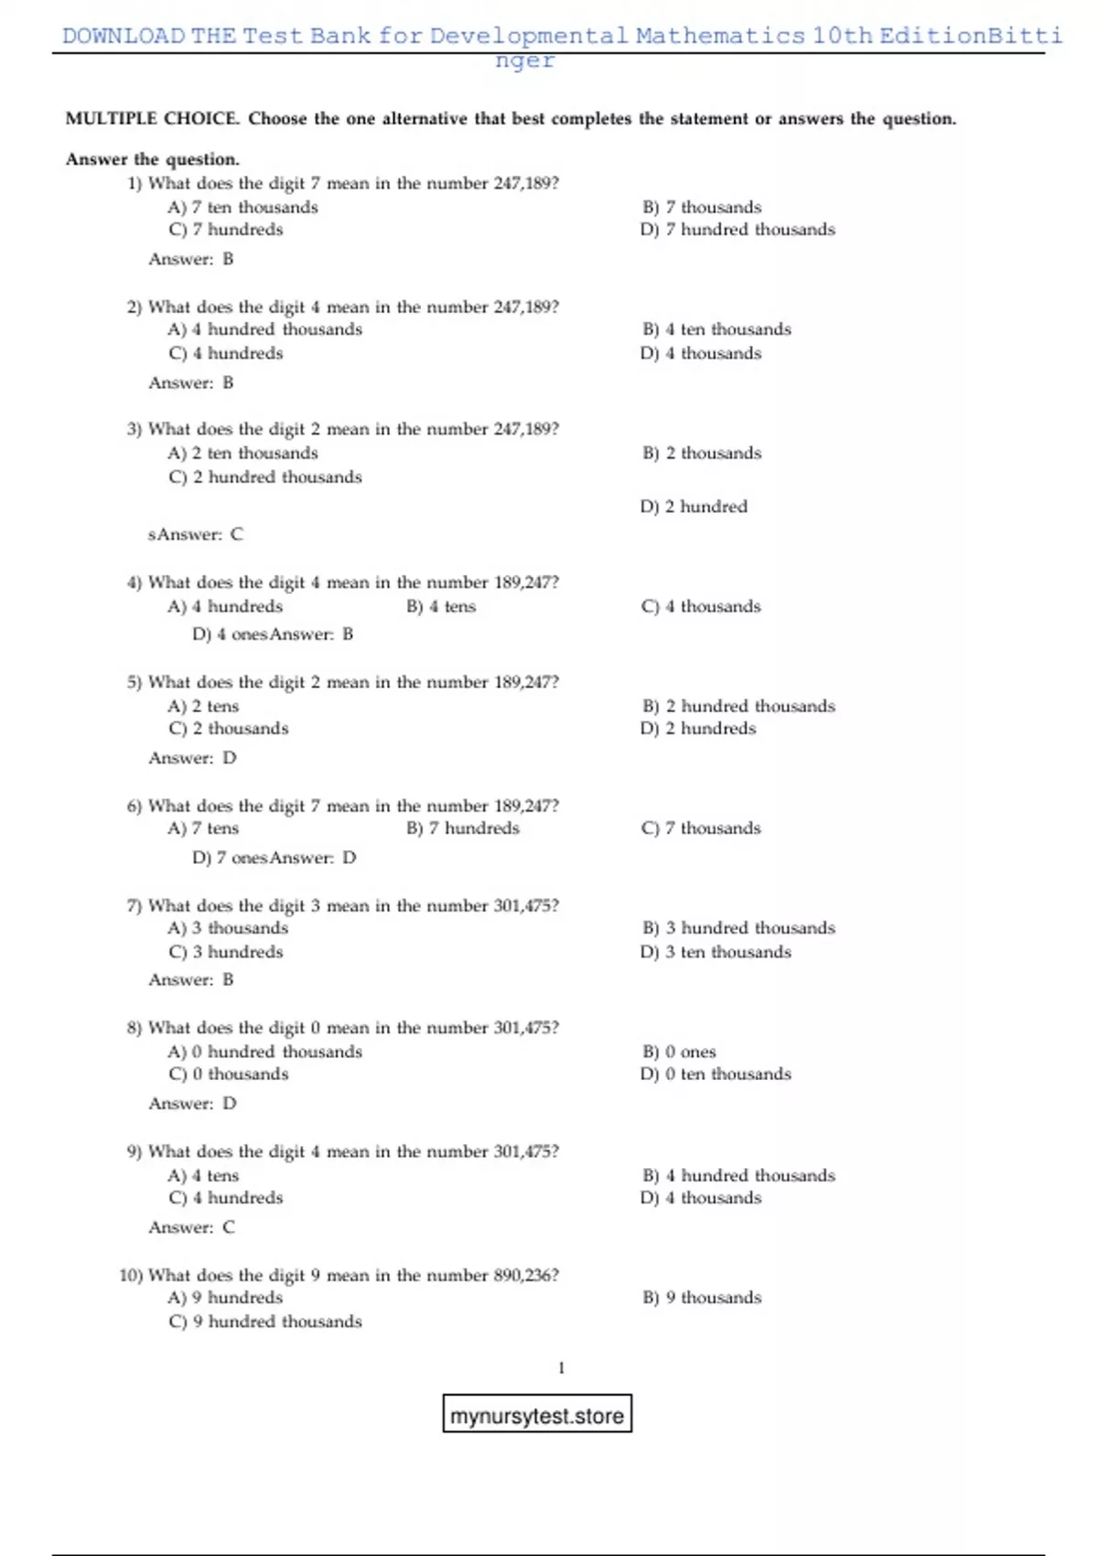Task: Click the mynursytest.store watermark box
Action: click(537, 1415)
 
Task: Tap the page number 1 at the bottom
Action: click(561, 1367)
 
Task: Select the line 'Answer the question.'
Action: click(152, 159)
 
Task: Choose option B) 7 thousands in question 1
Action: click(702, 208)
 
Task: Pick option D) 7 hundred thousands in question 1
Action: click(737, 230)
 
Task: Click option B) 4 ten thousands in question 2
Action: click(716, 330)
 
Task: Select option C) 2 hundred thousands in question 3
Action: click(265, 477)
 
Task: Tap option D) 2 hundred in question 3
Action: click(694, 507)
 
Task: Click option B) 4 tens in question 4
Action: click(441, 607)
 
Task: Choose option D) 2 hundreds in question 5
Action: click(698, 729)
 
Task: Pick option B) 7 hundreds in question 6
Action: click(463, 828)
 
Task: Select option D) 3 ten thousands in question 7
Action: click(716, 952)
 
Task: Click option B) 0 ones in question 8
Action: click(679, 1052)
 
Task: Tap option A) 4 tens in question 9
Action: click(203, 1175)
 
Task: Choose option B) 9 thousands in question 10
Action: click(702, 1298)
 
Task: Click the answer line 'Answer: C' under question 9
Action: click(192, 1227)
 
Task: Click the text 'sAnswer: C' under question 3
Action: click(196, 535)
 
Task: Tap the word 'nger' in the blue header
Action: click(524, 60)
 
